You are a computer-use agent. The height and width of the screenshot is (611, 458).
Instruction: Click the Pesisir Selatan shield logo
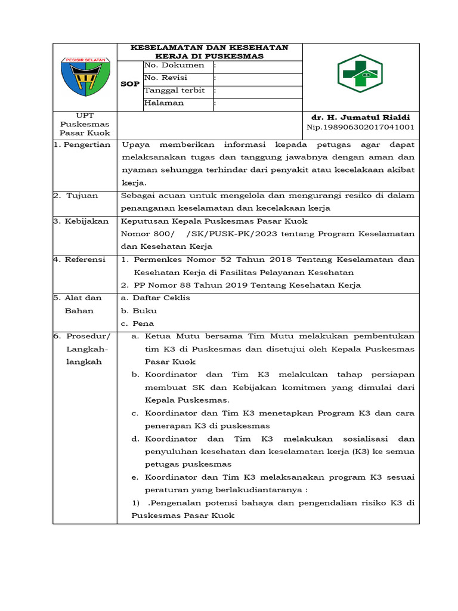click(85, 76)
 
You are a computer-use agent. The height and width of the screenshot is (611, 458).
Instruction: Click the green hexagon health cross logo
click(360, 73)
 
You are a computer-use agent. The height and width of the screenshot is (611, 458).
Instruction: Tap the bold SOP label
click(130, 84)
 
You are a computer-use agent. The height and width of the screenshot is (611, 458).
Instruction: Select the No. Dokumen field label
click(174, 65)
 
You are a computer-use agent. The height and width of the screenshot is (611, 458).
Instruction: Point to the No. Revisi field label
click(166, 78)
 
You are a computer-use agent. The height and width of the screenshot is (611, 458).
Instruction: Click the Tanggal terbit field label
click(174, 90)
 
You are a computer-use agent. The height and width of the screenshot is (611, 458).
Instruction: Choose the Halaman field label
click(164, 103)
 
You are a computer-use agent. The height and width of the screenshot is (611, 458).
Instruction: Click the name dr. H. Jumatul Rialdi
click(361, 117)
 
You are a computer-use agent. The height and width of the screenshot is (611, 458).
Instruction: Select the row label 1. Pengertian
click(83, 144)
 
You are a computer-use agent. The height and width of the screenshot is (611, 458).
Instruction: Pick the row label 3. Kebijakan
click(81, 221)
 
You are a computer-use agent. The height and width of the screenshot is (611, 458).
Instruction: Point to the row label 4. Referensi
click(81, 259)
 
